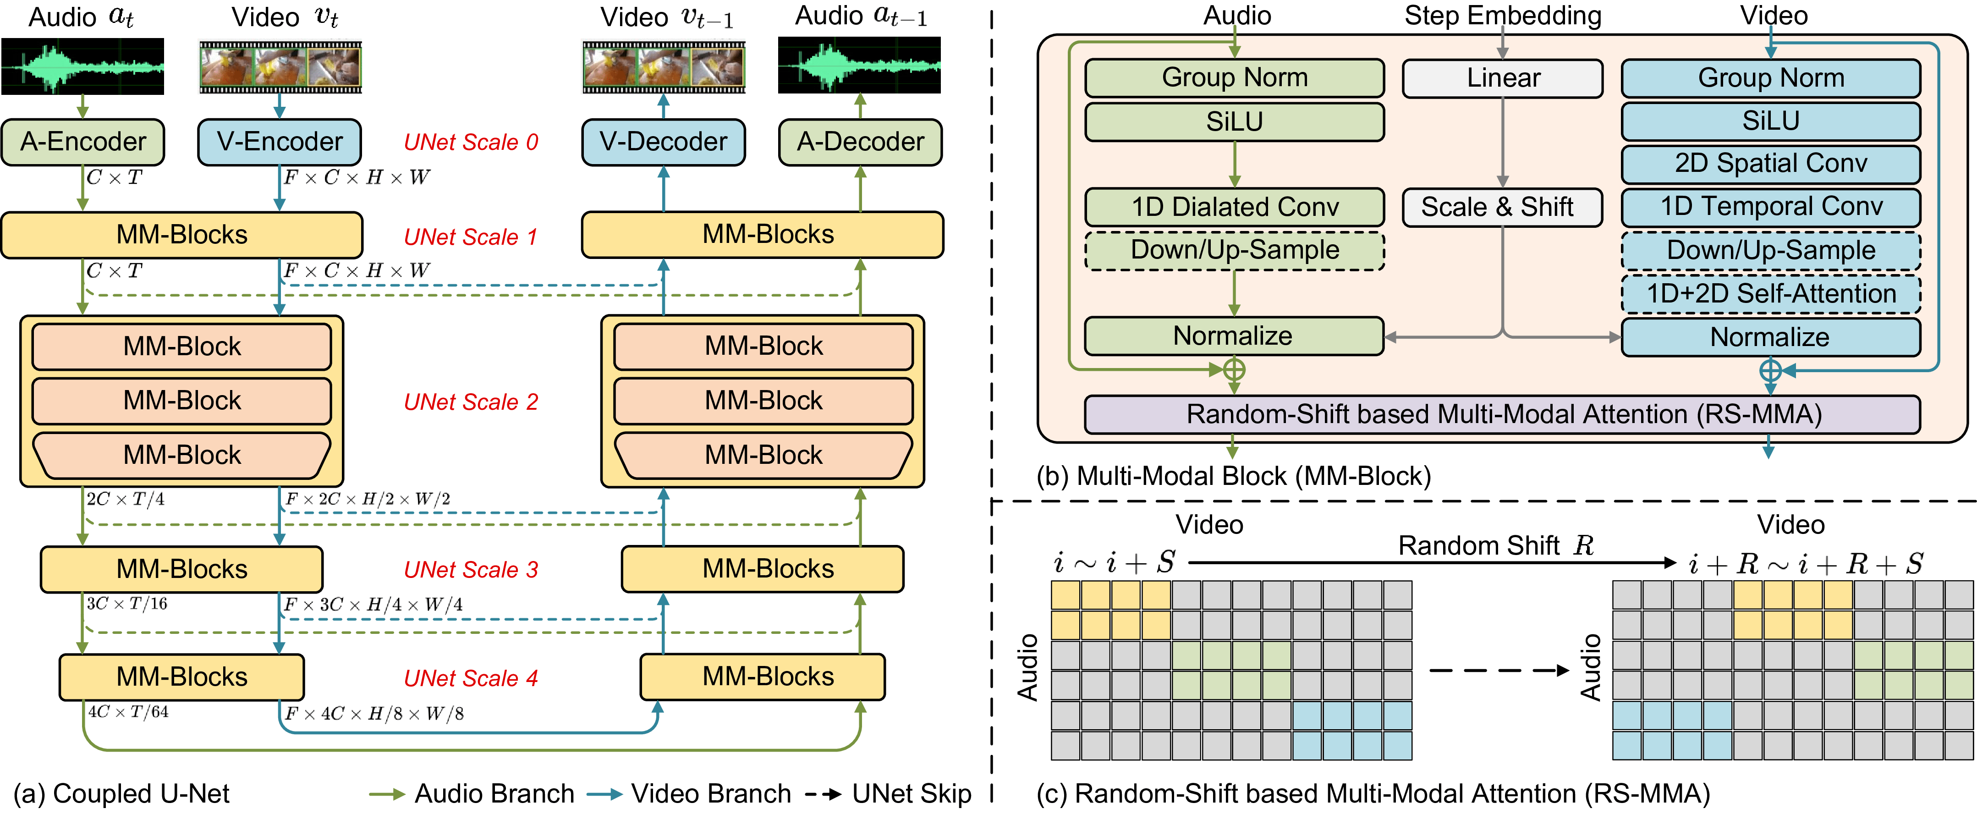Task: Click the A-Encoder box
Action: [x=83, y=142]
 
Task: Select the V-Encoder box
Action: [x=280, y=142]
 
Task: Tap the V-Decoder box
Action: [x=663, y=142]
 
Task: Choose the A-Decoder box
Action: [x=860, y=142]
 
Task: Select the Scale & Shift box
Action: [x=1503, y=207]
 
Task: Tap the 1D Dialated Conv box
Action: [x=1234, y=207]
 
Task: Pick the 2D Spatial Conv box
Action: [x=1771, y=164]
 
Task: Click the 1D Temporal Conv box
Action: [x=1771, y=207]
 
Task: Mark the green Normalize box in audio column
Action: [x=1234, y=336]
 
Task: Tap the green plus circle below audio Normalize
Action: [x=1233, y=370]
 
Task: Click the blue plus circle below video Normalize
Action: [x=1770, y=371]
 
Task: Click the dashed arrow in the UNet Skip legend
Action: [x=824, y=794]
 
